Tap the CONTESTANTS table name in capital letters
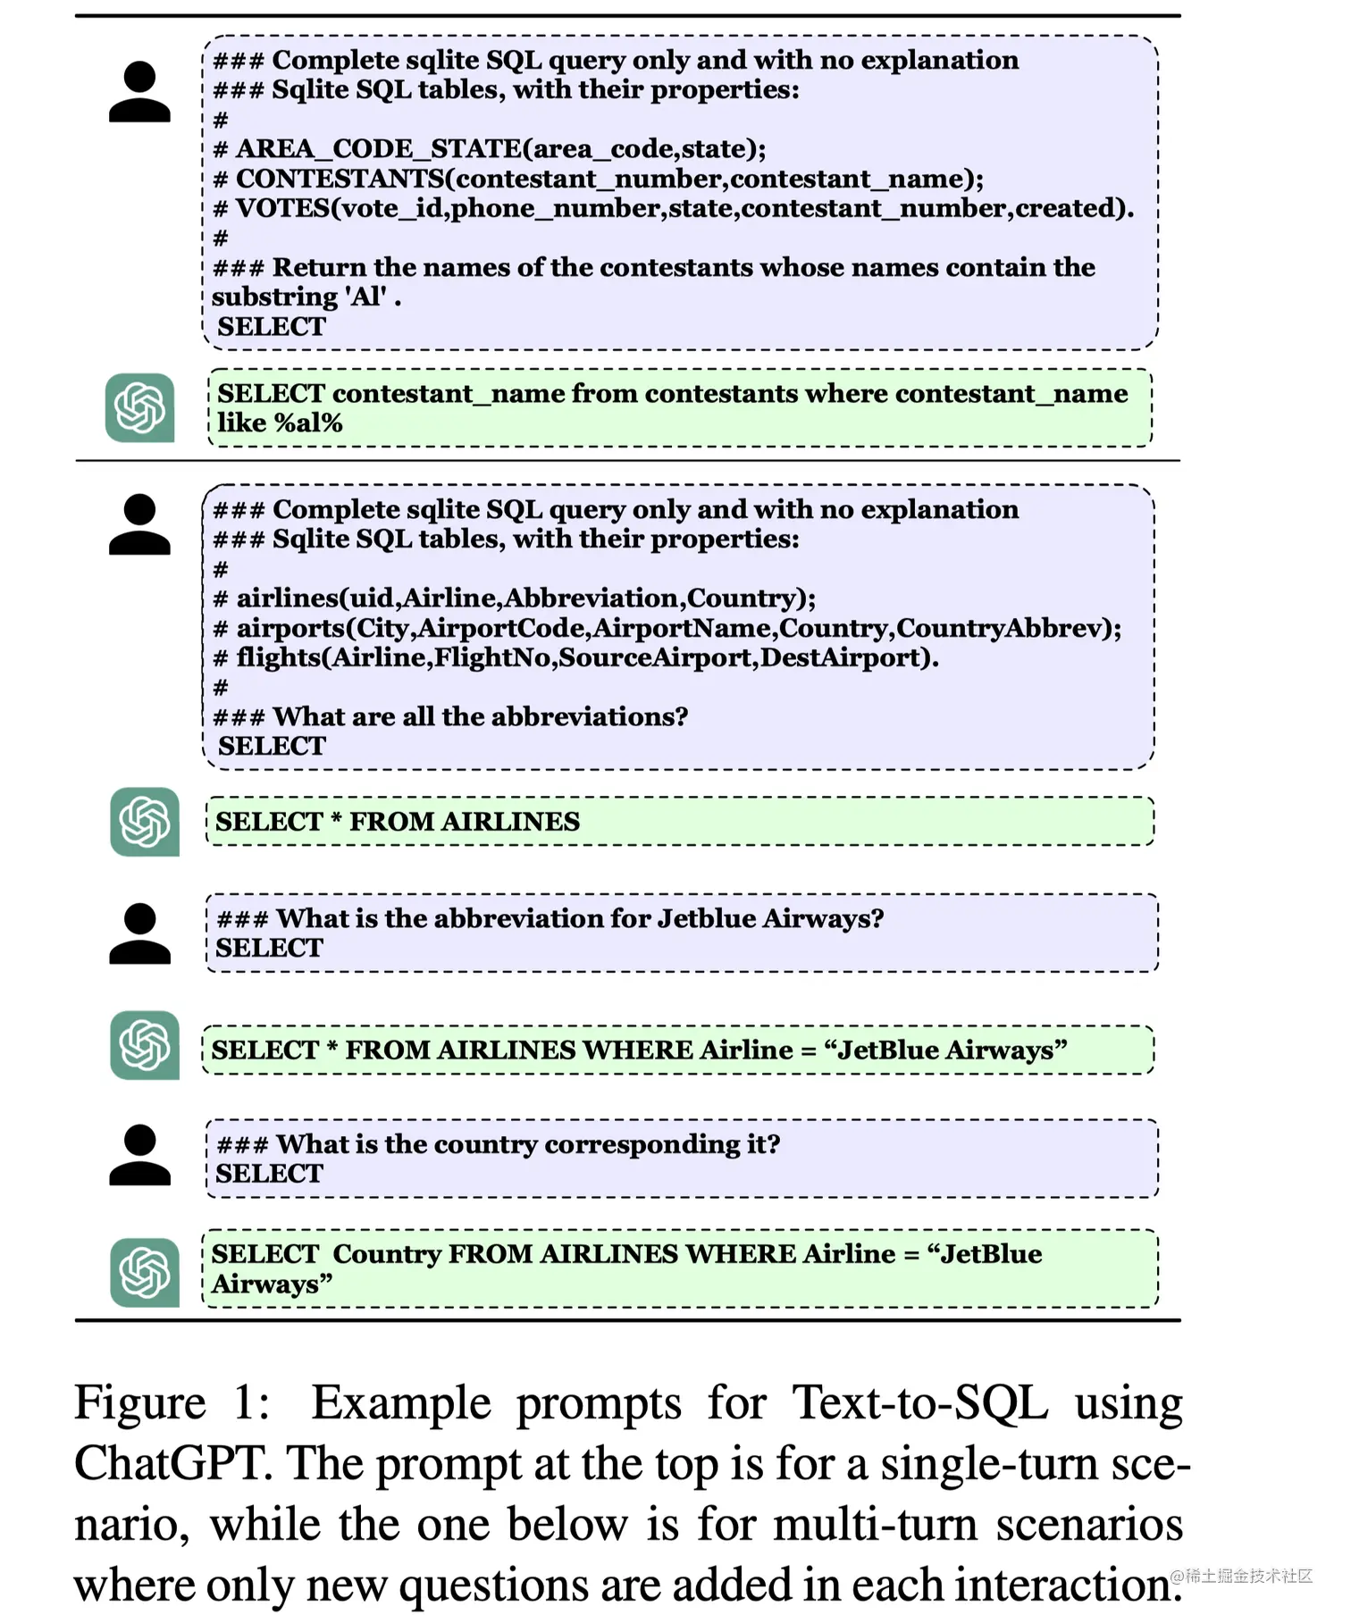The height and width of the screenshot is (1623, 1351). pyautogui.click(x=340, y=179)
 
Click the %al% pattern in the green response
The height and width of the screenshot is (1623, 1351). pyautogui.click(x=308, y=423)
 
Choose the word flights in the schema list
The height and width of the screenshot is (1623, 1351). pyautogui.click(x=278, y=657)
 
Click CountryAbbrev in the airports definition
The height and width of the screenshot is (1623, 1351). pyautogui.click(x=1003, y=628)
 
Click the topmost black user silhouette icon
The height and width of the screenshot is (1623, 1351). pyautogui.click(x=139, y=91)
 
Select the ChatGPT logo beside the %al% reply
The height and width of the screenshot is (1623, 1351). pyautogui.click(x=139, y=408)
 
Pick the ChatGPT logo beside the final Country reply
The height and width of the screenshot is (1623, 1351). pyautogui.click(x=144, y=1272)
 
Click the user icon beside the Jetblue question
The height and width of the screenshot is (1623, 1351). pyautogui.click(x=139, y=933)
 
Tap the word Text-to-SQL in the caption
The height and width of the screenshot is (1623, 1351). pyautogui.click(x=919, y=1402)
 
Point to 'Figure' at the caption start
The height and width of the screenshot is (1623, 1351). pyautogui.click(x=139, y=1402)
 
